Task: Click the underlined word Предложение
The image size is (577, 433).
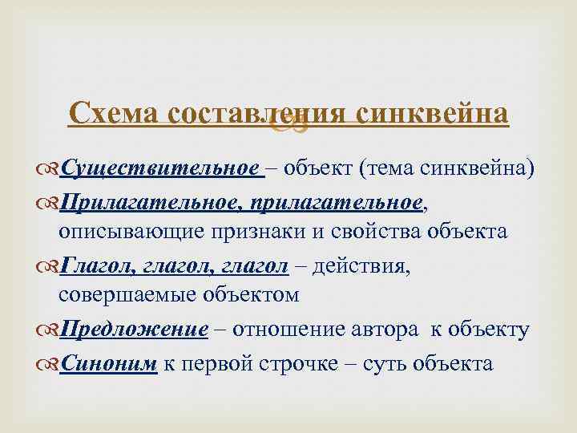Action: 134,329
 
